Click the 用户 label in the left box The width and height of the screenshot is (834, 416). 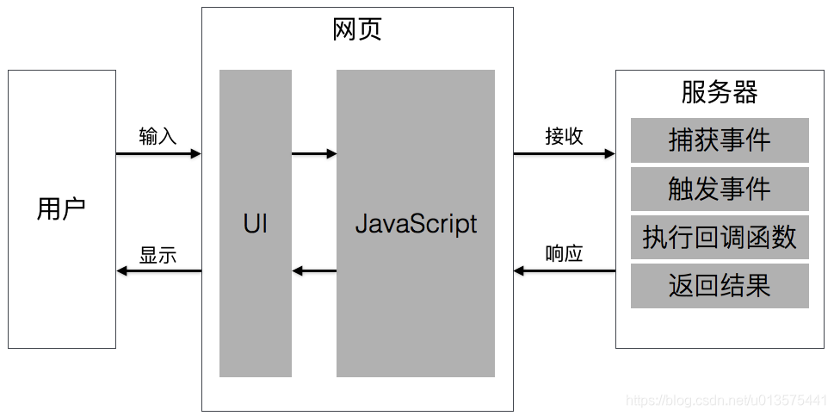pyautogui.click(x=61, y=209)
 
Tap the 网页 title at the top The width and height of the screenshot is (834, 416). pyautogui.click(x=356, y=30)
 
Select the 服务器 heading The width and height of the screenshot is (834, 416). pyautogui.click(x=719, y=92)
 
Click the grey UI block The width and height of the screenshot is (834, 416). pyautogui.click(x=255, y=224)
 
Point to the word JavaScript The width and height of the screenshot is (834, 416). pyautogui.click(x=416, y=224)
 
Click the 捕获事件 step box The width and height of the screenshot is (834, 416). pyautogui.click(x=720, y=140)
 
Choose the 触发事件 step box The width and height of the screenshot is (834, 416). pyautogui.click(x=720, y=189)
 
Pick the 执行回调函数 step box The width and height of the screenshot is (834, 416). pyautogui.click(x=720, y=238)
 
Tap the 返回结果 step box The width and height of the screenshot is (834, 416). pyautogui.click(x=720, y=286)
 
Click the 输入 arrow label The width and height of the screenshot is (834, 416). pyautogui.click(x=158, y=136)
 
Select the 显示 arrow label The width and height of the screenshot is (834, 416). pyautogui.click(x=158, y=254)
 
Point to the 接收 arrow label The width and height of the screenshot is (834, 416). pyautogui.click(x=564, y=136)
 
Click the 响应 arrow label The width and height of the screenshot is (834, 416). pyautogui.click(x=564, y=254)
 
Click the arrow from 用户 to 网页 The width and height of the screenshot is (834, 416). pyautogui.click(x=158, y=154)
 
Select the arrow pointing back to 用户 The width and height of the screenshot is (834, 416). pyautogui.click(x=158, y=271)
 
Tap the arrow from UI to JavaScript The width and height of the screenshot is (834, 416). pyautogui.click(x=314, y=154)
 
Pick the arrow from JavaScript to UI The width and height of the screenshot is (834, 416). pyautogui.click(x=314, y=271)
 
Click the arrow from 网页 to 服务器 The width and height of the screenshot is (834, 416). pyautogui.click(x=565, y=154)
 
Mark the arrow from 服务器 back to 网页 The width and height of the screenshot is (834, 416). pyautogui.click(x=565, y=271)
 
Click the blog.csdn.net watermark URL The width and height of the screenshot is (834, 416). pyautogui.click(x=726, y=401)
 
